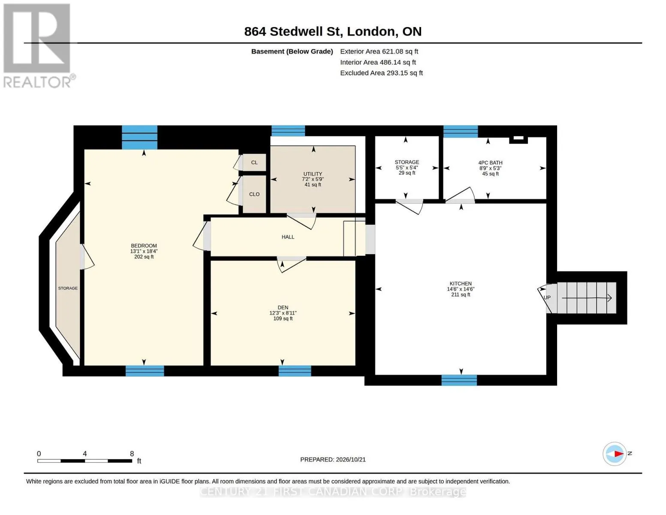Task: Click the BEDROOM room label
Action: (144, 245)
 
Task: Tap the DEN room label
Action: (283, 307)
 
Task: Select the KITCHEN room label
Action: (460, 284)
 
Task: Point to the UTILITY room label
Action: (313, 174)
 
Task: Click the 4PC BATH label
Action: (490, 163)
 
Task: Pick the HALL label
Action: (288, 237)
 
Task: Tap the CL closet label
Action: (254, 163)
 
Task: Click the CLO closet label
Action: (254, 194)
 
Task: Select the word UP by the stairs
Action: (547, 297)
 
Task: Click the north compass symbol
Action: (615, 454)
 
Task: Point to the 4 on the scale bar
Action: (84, 454)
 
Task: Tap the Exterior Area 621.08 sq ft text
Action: (379, 51)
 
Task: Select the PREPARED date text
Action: (333, 460)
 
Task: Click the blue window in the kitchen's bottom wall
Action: (459, 380)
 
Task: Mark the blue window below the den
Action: (295, 371)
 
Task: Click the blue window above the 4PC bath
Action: (460, 131)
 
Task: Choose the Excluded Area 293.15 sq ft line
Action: (381, 73)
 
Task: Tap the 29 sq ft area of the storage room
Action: (407, 173)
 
